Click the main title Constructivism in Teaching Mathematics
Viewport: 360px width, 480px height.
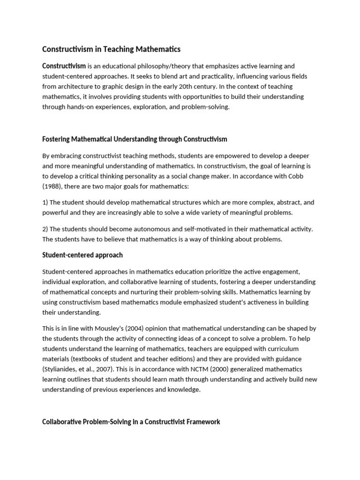pyautogui.click(x=111, y=49)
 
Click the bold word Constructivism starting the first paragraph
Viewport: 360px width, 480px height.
pyautogui.click(x=64, y=66)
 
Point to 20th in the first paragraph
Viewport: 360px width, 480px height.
pyautogui.click(x=179, y=87)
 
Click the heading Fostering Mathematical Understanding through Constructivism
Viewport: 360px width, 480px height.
pyautogui.click(x=135, y=139)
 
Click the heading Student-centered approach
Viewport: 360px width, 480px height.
pyautogui.click(x=82, y=255)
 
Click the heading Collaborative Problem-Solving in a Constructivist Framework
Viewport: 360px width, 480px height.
pyautogui.click(x=131, y=422)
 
